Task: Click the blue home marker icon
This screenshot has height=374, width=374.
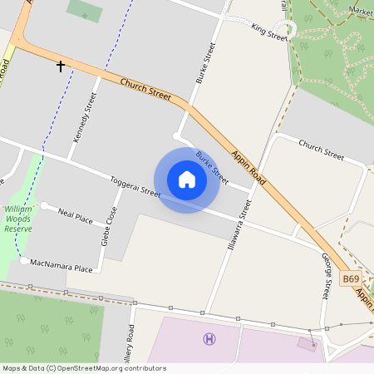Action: pyautogui.click(x=186, y=180)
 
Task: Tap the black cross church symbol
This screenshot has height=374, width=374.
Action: pyautogui.click(x=60, y=65)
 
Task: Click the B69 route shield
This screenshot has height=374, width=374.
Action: pyautogui.click(x=352, y=279)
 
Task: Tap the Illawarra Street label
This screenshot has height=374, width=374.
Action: pyautogui.click(x=238, y=226)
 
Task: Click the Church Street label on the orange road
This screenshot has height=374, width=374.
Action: pyautogui.click(x=145, y=90)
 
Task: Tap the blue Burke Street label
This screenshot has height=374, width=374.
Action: pyautogui.click(x=211, y=166)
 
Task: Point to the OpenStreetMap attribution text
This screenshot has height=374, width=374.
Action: pyautogui.click(x=83, y=368)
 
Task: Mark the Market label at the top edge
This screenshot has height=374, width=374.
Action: pyautogui.click(x=362, y=11)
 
